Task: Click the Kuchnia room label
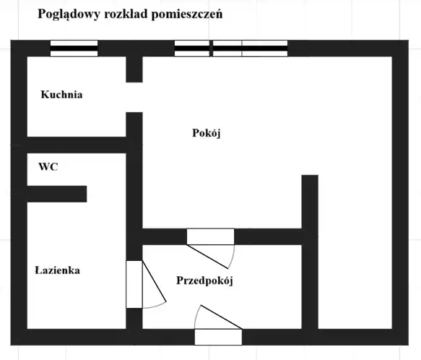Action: (61, 95)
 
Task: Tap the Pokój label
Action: (207, 133)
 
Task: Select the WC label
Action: (48, 167)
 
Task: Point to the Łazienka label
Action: (58, 270)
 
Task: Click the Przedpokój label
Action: (204, 280)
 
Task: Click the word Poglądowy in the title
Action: (69, 14)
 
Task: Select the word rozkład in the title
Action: (126, 14)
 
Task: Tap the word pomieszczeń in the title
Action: (187, 14)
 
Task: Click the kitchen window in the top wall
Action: (74, 48)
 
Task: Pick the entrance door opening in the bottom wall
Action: (218, 337)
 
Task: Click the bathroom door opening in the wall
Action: (134, 284)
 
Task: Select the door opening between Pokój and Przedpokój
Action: (211, 236)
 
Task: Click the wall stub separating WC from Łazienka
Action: (57, 194)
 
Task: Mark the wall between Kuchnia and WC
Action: (77, 145)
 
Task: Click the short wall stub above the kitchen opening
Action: (134, 69)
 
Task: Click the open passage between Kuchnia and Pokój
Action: (134, 97)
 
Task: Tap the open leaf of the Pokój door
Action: (207, 257)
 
